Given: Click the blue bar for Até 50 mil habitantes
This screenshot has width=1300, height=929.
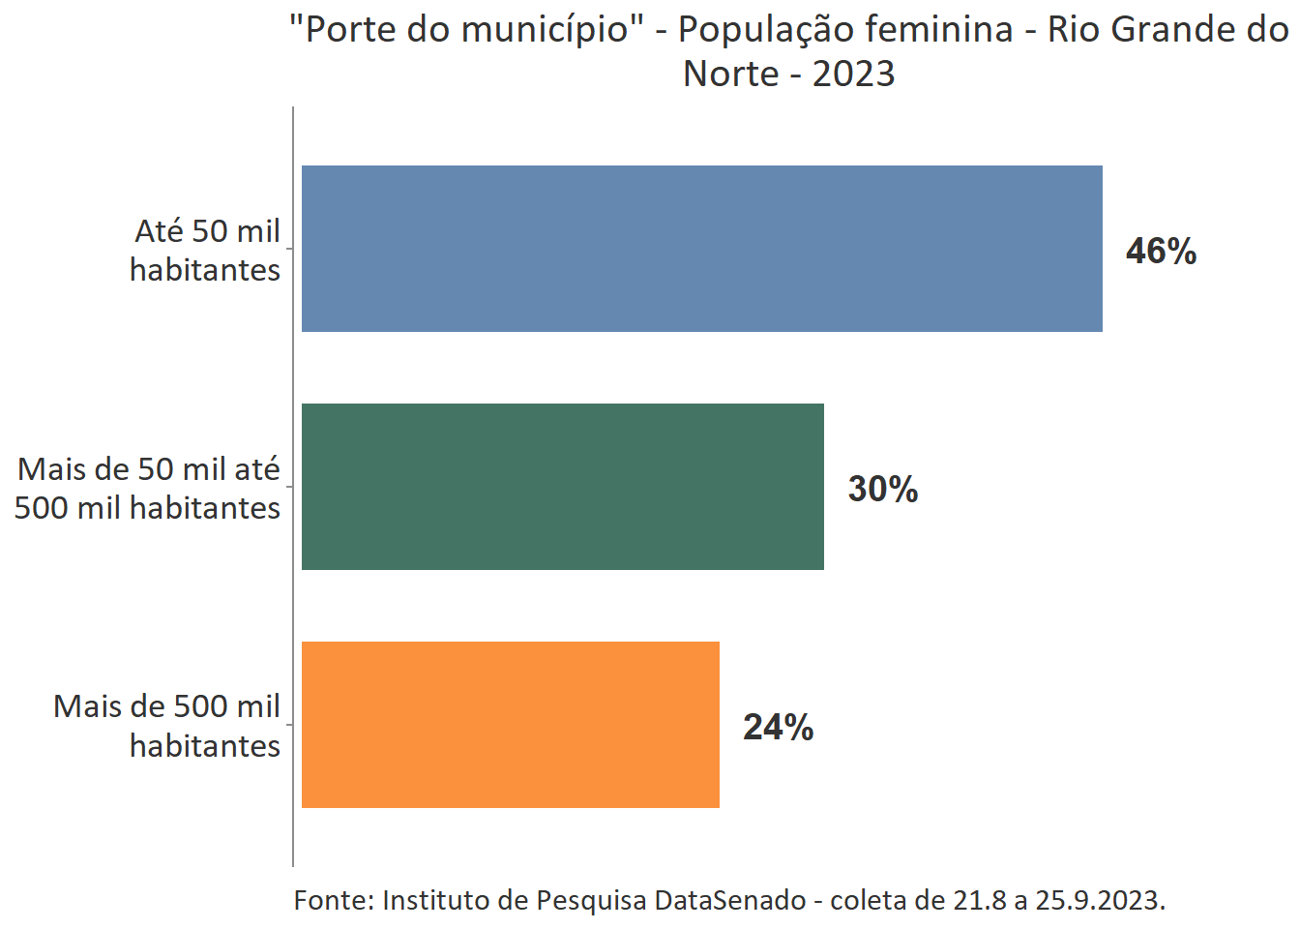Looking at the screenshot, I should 701,249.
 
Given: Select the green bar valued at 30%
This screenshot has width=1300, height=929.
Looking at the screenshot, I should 562,487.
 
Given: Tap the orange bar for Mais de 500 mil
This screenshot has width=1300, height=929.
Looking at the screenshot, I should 510,725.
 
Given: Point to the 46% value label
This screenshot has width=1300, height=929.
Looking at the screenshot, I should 1161,252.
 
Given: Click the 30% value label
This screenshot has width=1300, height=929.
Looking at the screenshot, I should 882,490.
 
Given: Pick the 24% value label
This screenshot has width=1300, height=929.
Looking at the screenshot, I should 778,728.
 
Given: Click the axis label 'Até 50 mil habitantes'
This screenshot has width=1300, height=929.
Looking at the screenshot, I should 205,251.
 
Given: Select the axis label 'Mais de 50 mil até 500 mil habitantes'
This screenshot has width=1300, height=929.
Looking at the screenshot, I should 148,489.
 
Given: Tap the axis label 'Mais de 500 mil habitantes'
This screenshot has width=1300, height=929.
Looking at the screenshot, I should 166,726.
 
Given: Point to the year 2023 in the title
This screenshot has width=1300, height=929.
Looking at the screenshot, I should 853,75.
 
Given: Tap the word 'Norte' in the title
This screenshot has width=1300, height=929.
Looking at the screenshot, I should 730,75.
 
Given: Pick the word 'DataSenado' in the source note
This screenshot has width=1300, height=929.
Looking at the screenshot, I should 729,901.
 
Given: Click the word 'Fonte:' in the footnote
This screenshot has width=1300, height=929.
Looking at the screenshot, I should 334,901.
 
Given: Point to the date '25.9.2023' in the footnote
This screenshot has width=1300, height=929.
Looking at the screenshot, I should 1100,901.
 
